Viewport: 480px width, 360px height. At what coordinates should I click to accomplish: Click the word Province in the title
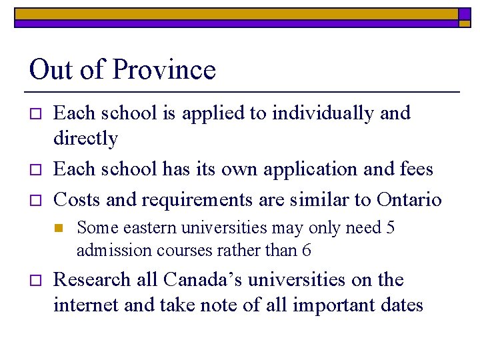164,70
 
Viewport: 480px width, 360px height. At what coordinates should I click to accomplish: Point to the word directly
85,139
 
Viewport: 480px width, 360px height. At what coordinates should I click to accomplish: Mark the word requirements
197,199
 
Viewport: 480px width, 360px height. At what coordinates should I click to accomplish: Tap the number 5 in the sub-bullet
391,228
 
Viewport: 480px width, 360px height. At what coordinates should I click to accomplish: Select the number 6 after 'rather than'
306,251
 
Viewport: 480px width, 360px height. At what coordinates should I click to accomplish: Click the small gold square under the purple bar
464,23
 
